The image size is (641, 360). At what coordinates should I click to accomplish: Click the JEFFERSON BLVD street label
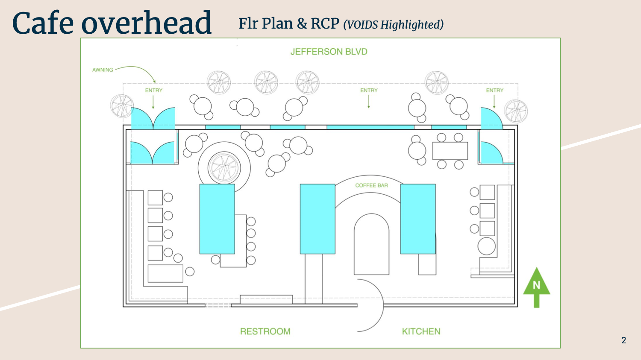329,52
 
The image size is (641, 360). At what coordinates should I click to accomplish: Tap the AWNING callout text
103,70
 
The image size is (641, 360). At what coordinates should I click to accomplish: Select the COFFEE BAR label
371,185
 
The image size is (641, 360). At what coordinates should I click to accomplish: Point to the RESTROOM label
265,331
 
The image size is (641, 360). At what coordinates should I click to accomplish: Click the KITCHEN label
421,331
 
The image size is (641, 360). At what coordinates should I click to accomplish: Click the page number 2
623,340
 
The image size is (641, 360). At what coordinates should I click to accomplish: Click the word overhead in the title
146,23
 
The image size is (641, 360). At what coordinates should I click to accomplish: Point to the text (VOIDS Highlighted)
393,25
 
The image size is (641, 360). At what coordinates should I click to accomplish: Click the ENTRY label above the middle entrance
369,91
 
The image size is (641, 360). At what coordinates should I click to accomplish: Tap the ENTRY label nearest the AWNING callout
153,91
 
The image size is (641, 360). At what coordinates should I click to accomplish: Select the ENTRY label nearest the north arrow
494,91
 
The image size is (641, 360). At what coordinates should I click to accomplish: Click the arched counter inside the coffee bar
371,243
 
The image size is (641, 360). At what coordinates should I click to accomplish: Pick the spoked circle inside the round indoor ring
224,167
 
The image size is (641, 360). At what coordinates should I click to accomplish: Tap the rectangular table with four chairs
450,151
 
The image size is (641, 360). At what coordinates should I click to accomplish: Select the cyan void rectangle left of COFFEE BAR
317,219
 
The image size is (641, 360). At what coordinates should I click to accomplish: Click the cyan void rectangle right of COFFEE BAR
418,219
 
